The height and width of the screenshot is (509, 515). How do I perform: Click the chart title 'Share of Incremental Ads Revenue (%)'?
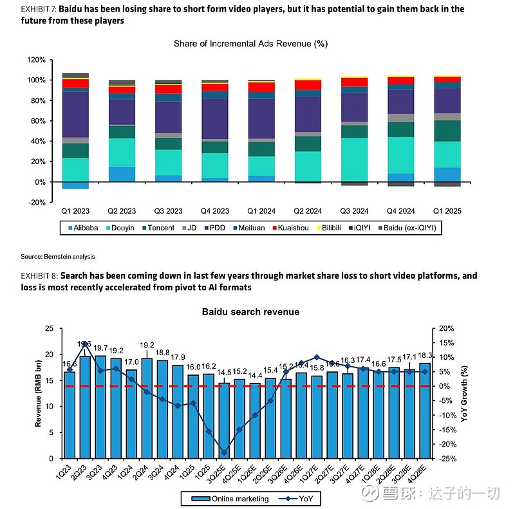pos(250,44)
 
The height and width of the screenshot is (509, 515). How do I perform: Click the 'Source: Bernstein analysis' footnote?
pos(57,257)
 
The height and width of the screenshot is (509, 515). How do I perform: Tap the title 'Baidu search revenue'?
pos(250,312)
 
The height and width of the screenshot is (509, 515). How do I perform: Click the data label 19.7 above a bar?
pos(100,348)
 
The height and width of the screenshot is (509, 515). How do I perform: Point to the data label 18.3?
pos(426,356)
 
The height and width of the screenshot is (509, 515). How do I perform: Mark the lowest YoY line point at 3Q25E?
pos(224,453)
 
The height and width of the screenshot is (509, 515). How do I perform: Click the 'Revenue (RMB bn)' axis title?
pos(39,393)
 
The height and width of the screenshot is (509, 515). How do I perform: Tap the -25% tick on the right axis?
pos(447,459)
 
